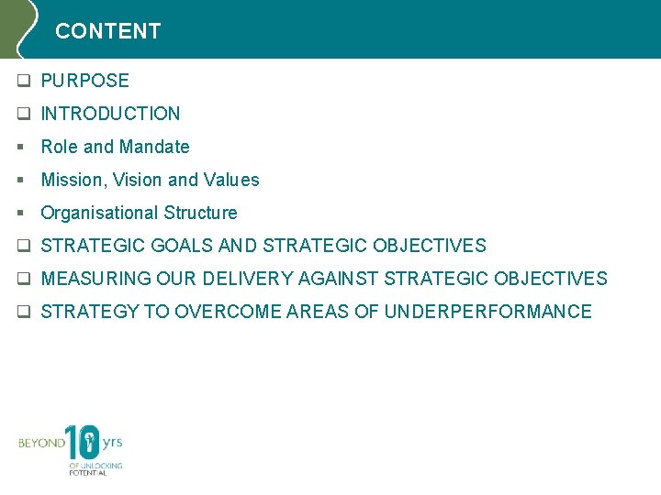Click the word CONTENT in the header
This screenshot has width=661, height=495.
coord(107,31)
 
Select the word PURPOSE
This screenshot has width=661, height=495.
coord(85,81)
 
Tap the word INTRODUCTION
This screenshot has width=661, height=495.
coord(111,114)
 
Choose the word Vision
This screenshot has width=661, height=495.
coord(138,180)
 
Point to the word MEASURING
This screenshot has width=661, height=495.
coord(96,279)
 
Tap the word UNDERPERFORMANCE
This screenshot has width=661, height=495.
coord(487,312)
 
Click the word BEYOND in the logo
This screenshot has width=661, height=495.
coord(42,444)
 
